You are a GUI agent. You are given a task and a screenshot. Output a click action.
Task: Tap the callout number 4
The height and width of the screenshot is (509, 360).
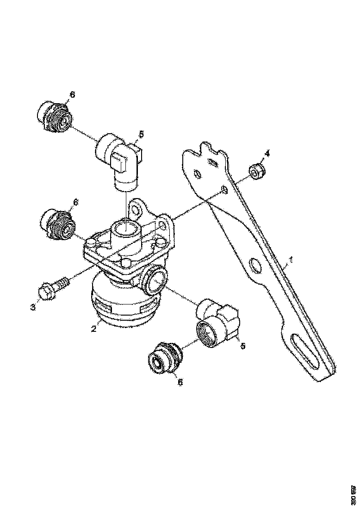point(267,154)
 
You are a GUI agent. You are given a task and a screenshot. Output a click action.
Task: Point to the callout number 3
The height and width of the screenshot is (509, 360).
point(33,307)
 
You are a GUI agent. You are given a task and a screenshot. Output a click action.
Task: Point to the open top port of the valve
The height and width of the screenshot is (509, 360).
point(126,229)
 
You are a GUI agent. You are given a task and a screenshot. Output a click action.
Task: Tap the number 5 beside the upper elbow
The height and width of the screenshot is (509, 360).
point(141,134)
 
